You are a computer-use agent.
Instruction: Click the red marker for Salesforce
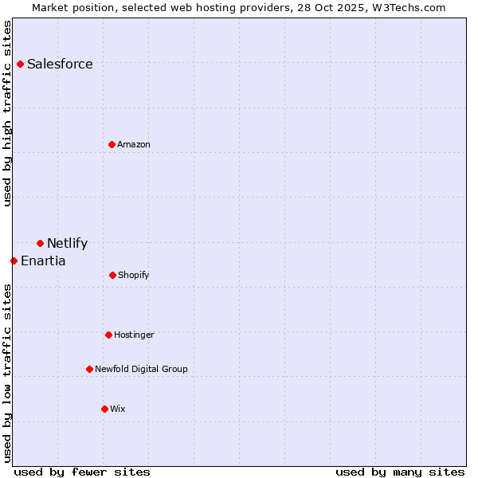pos(20,64)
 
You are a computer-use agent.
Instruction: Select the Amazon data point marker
pos(112,144)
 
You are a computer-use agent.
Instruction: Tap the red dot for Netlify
pos(40,243)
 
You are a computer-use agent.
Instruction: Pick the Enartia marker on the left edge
pos(14,261)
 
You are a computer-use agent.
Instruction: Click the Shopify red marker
pos(112,275)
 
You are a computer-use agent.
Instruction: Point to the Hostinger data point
pos(108,335)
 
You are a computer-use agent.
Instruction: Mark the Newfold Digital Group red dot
pos(89,369)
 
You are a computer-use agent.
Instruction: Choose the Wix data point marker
pos(104,409)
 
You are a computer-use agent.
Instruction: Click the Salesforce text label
pos(60,65)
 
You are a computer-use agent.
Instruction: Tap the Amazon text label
pos(134,145)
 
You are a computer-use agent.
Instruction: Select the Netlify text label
pos(67,244)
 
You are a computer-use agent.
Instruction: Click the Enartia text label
pos(43,261)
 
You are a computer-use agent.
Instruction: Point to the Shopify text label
pos(134,276)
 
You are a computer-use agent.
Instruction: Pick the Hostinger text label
pos(134,335)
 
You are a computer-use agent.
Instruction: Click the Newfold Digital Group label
pos(141,370)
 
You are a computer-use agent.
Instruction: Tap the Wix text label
pos(118,409)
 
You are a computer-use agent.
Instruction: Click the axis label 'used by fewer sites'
pos(82,472)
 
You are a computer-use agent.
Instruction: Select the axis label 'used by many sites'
pos(400,472)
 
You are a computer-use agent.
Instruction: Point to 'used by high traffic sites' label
pos(8,113)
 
